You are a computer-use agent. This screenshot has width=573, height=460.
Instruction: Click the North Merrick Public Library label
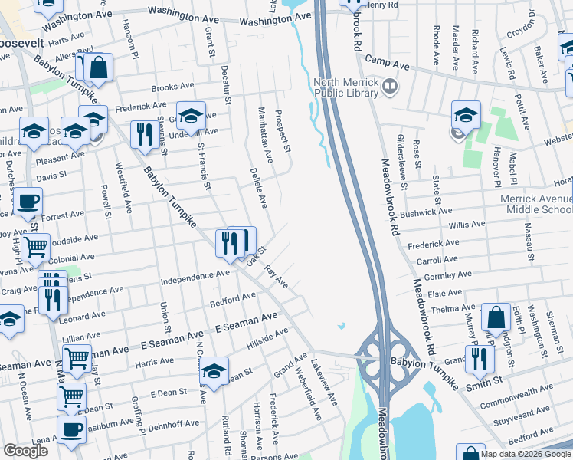pos(346,87)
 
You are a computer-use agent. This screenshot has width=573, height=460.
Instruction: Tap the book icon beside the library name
pos(390,85)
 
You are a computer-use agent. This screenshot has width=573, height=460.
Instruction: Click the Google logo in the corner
pos(25,451)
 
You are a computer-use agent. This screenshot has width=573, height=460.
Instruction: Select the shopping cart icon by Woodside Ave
pos(36,247)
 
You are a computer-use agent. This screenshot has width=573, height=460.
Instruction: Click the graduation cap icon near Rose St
pos(466,115)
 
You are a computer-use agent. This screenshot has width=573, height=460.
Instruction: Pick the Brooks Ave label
pos(172,88)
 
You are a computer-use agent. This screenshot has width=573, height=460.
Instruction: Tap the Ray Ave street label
pos(275,277)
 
